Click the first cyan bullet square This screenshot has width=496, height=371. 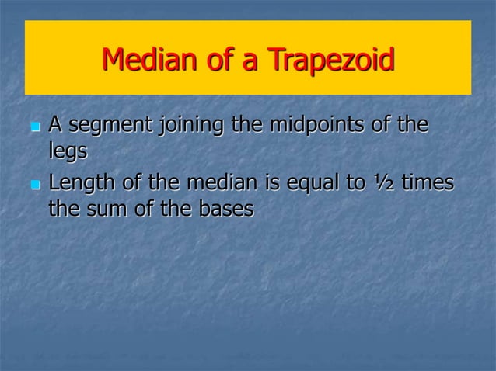[34, 127]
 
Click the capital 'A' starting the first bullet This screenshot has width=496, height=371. [56, 123]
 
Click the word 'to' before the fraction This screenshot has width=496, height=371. [356, 185]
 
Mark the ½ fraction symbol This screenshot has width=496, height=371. [383, 184]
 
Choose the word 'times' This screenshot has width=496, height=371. [428, 184]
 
